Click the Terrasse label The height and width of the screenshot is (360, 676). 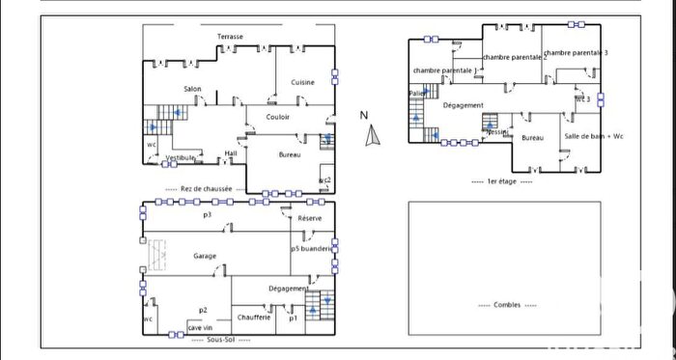point(230,37)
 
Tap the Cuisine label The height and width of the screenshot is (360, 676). point(303,83)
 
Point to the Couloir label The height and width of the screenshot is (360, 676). point(280,118)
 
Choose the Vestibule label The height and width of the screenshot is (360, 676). point(182,157)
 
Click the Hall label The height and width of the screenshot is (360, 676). point(231,152)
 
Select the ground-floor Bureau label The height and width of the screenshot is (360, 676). point(290,155)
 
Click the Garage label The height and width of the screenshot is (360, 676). point(204,256)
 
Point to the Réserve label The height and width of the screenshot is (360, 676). point(310,219)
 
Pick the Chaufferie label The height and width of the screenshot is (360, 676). point(252,317)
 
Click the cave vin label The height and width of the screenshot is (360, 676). point(200,328)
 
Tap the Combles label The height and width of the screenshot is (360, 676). point(505,304)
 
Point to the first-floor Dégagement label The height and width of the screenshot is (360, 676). point(463,105)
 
